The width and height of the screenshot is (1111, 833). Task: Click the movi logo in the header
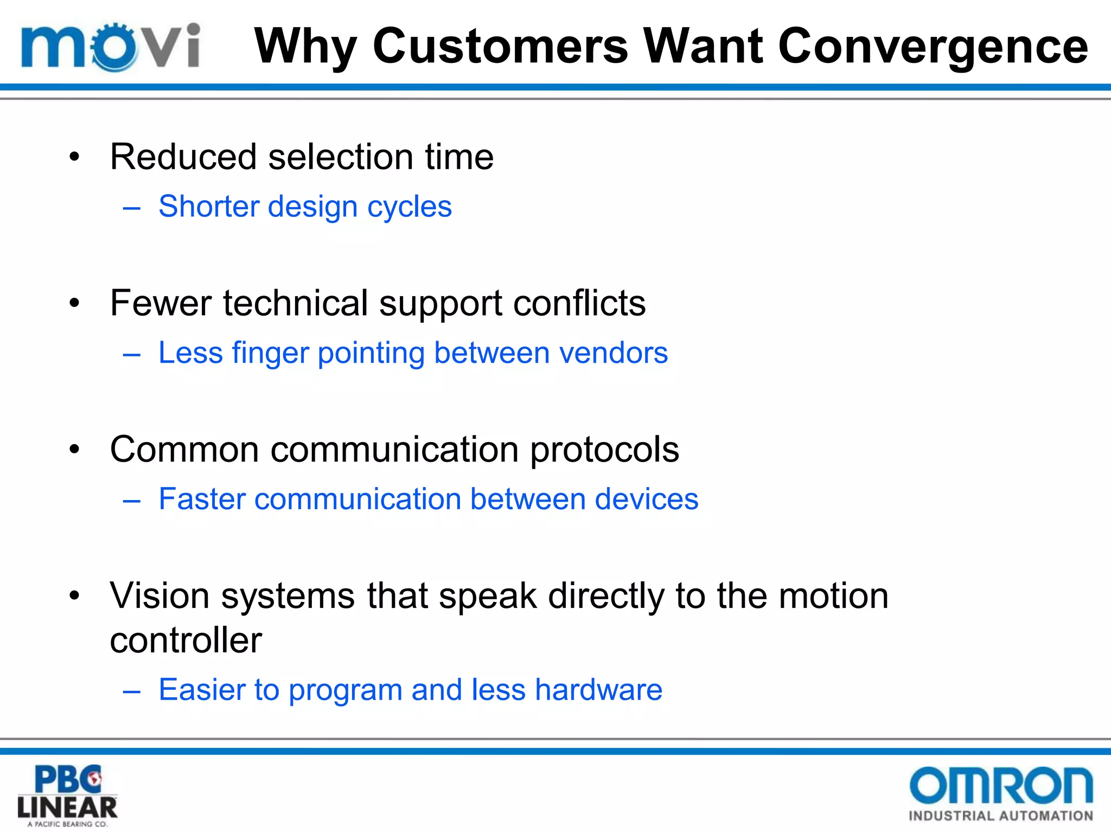pos(111,47)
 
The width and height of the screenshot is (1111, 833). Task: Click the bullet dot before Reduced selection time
pos(74,158)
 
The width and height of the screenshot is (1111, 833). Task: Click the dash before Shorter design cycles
pos(132,208)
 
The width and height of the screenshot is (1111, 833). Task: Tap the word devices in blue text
pos(646,499)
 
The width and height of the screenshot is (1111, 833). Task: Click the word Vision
pos(159,595)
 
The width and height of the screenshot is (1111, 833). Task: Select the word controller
pos(186,640)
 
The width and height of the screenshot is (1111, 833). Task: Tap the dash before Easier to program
pos(132,691)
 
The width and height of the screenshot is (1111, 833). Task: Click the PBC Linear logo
pos(67,794)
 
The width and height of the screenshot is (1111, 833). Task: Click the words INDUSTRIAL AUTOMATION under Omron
pos(1000,816)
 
